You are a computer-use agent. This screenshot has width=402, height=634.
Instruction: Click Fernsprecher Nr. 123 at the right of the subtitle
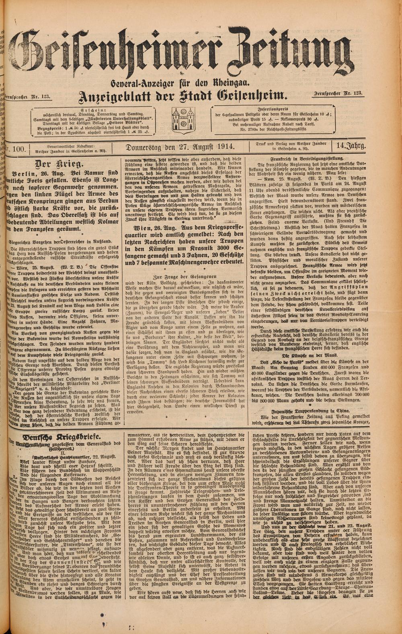click(337, 94)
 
